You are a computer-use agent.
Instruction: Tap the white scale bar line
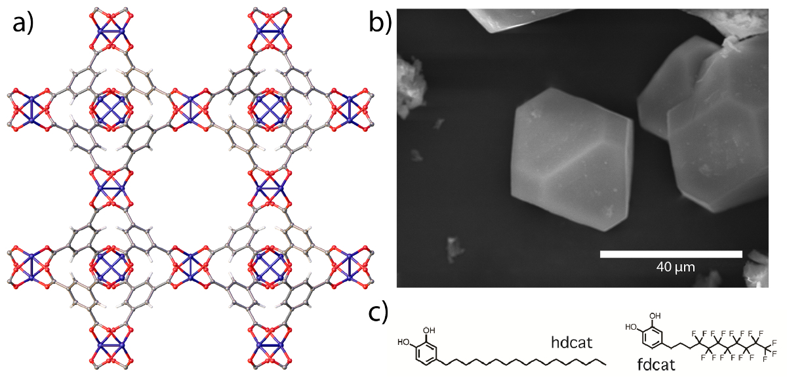tap(671, 254)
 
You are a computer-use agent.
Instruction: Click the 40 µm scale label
tap(675, 267)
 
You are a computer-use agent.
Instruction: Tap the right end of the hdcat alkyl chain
tap(605, 362)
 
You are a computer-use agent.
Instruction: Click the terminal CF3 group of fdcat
tap(772, 342)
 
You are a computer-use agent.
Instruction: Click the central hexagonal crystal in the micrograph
tap(571, 158)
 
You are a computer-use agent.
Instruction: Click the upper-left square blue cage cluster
tap(110, 109)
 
